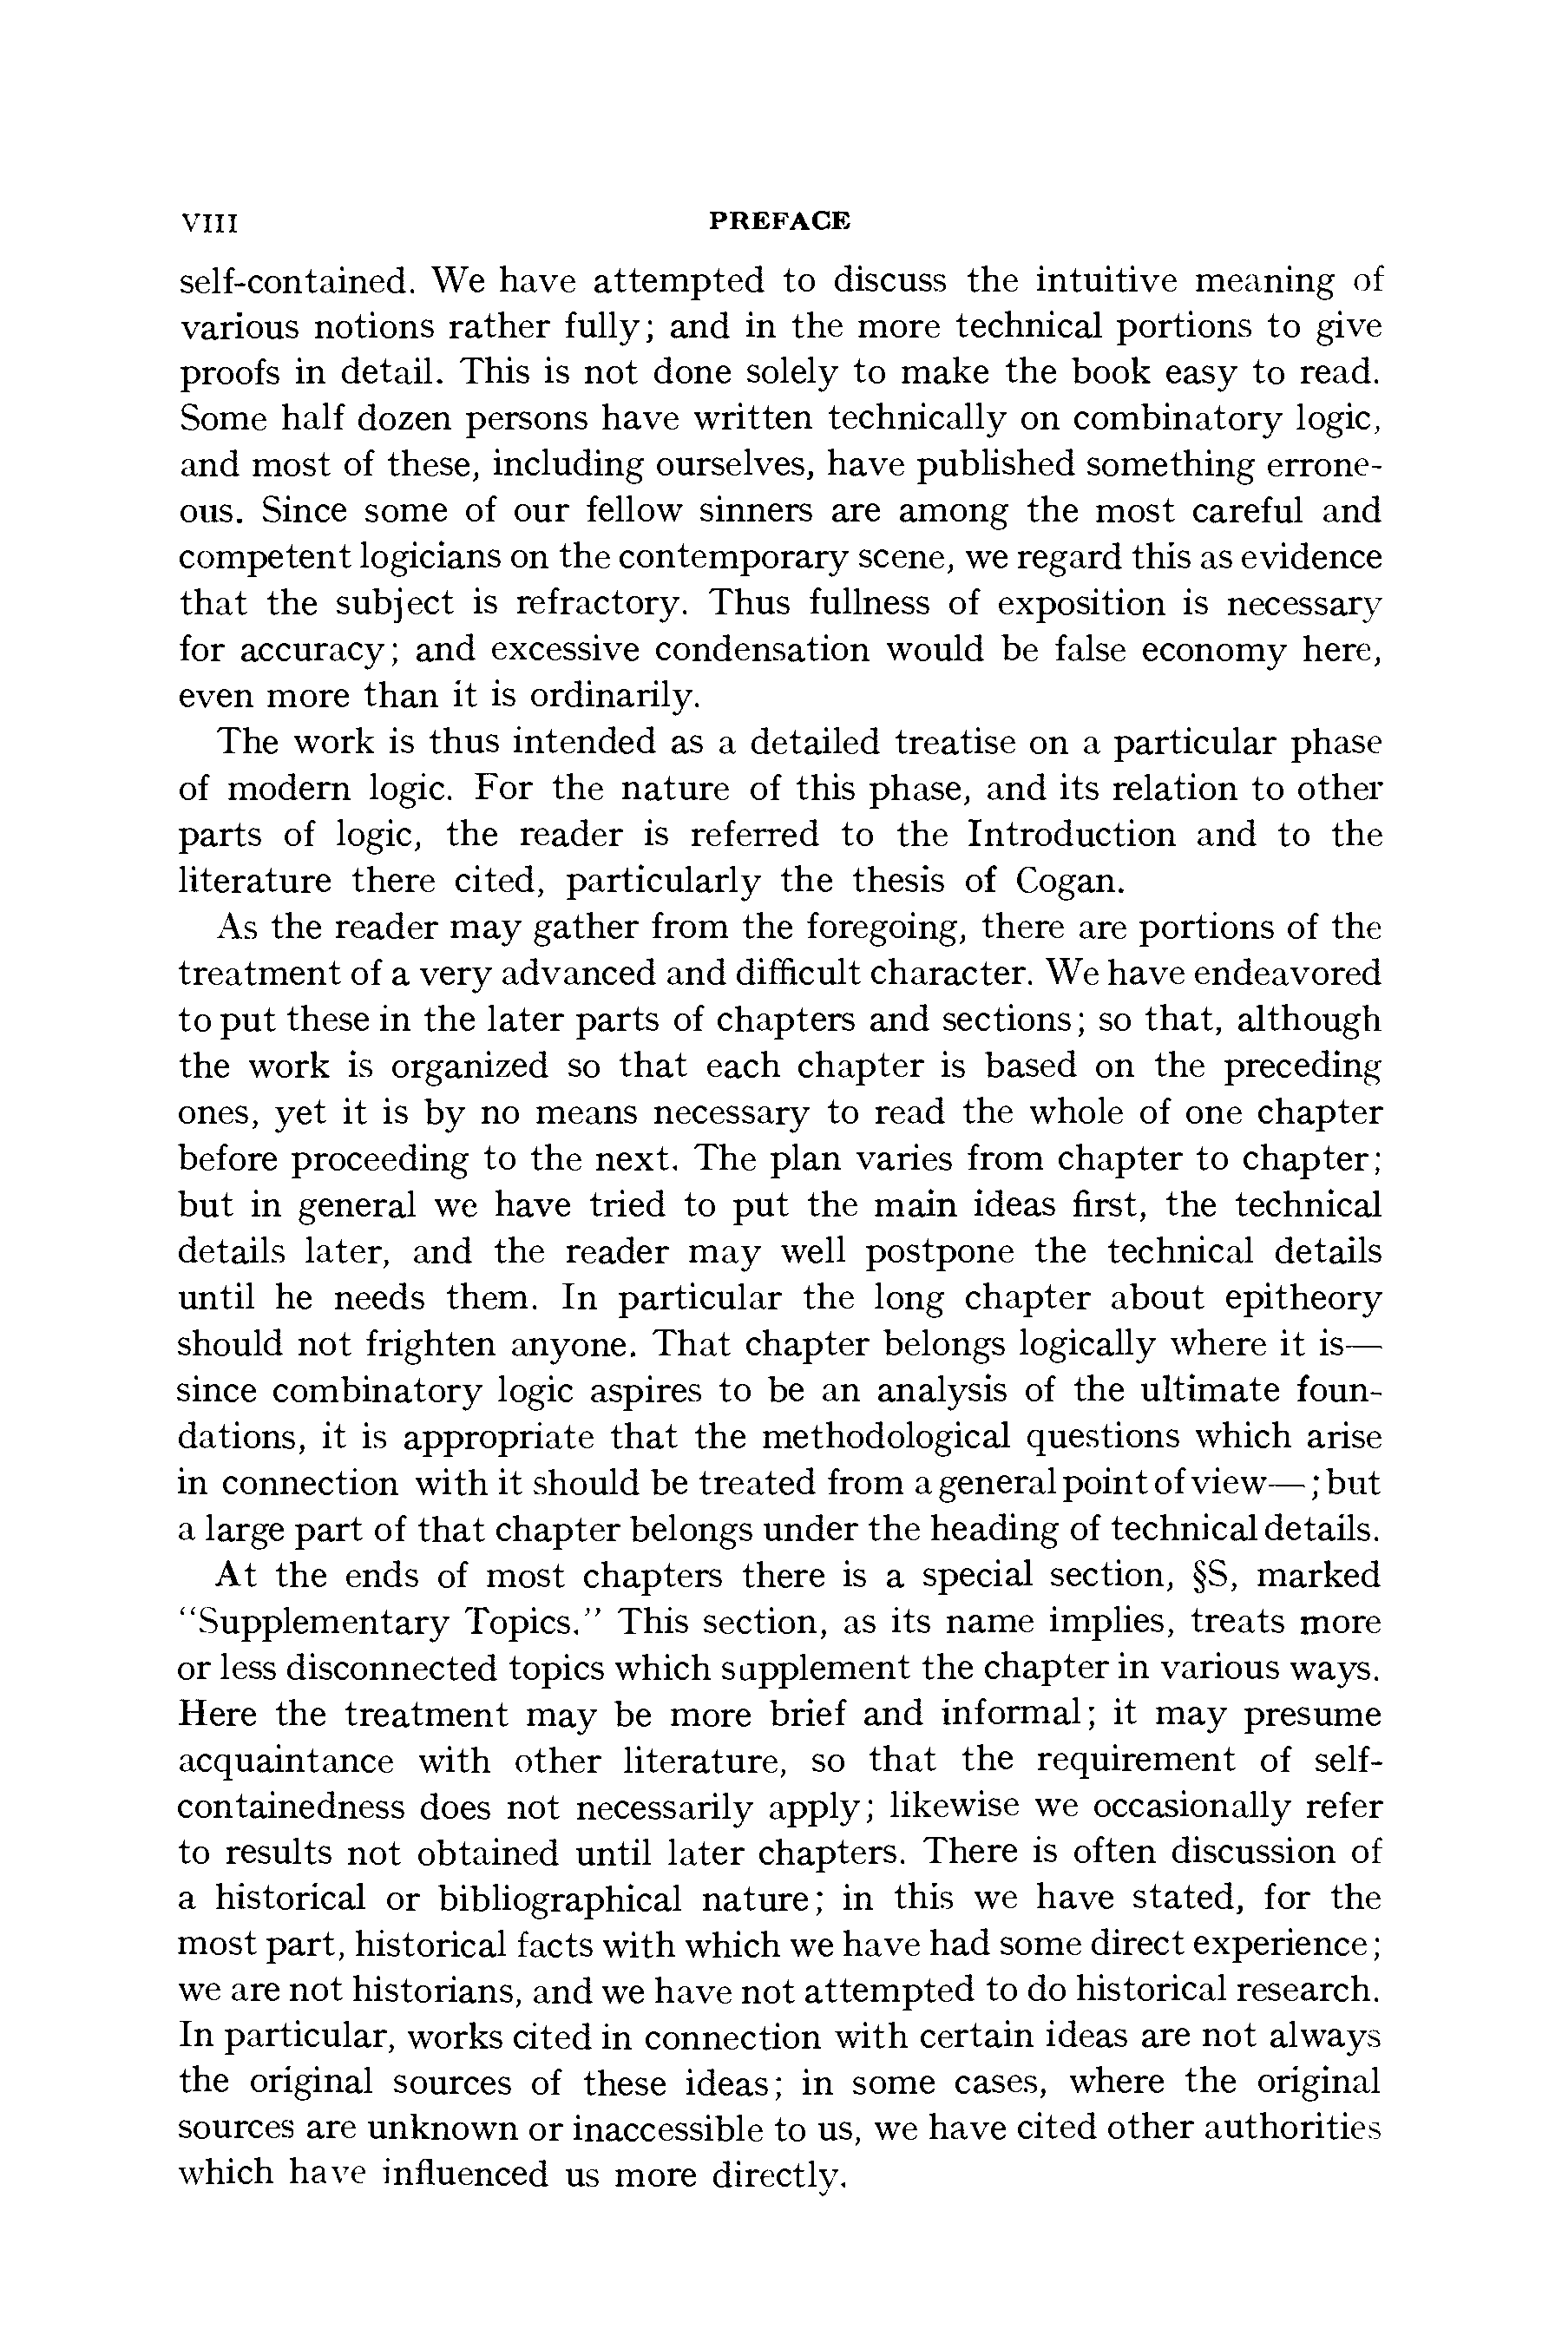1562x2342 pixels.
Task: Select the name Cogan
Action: [1072, 882]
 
